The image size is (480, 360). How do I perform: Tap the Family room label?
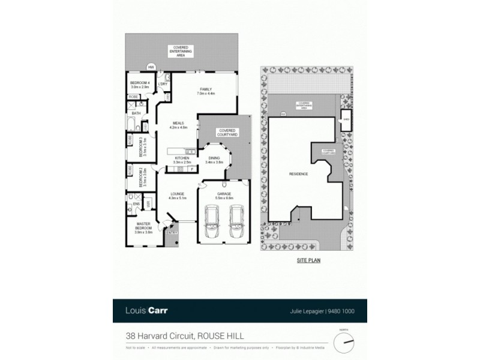(206, 91)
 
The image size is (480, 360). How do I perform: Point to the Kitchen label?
(182, 160)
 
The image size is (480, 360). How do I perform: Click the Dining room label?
(214, 160)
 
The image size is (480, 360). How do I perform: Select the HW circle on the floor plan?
(151, 67)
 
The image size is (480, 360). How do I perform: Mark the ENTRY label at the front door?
(173, 233)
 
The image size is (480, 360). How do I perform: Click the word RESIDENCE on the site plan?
(298, 174)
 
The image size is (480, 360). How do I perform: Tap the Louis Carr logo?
(148, 311)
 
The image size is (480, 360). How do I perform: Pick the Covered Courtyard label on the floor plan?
(227, 132)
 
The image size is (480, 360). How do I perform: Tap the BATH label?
(136, 113)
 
